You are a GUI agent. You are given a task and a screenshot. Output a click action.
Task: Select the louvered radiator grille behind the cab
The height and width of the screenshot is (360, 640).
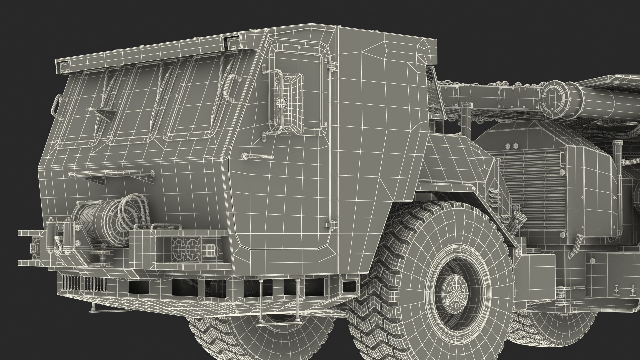coord(530,187)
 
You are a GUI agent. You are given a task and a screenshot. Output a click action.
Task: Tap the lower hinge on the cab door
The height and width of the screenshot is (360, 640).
coord(332,224)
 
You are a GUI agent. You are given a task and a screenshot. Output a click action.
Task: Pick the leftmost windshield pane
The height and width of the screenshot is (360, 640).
coord(82,110)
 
